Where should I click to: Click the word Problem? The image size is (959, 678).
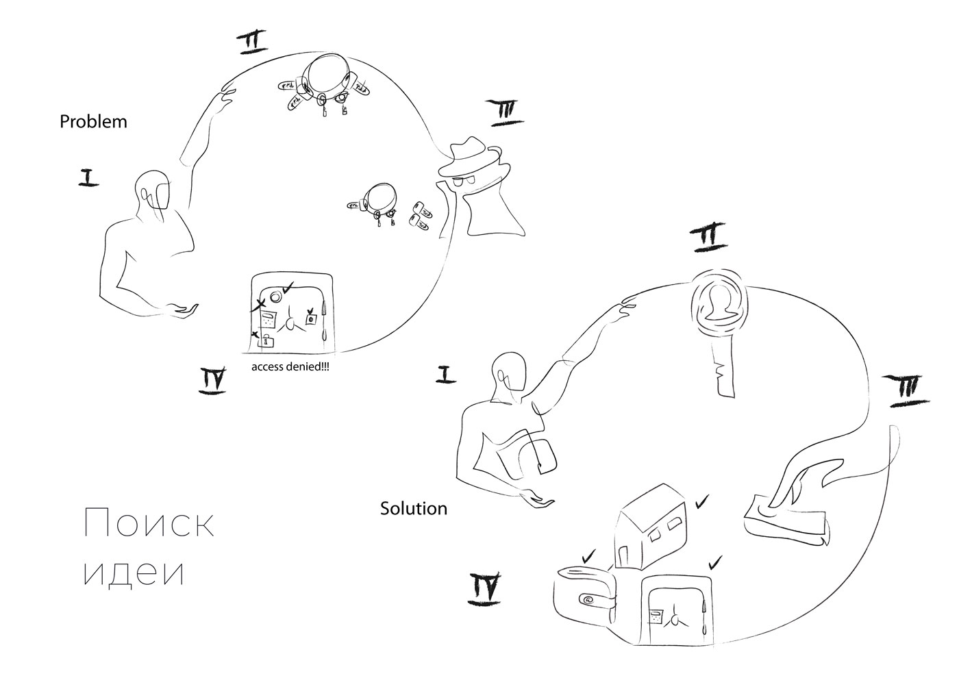coord(93,122)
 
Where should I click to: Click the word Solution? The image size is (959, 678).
coord(413,509)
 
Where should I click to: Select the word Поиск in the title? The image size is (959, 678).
coord(149,524)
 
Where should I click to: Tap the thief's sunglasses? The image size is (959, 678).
coord(466,181)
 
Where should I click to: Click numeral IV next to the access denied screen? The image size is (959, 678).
coord(212,380)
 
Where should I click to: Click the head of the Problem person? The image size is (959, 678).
coord(152,191)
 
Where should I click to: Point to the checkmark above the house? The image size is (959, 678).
coord(701,502)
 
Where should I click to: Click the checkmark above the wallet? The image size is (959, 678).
coord(588,557)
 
